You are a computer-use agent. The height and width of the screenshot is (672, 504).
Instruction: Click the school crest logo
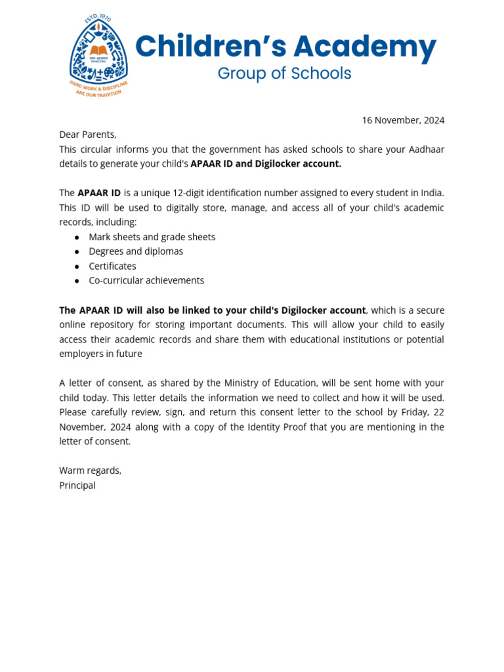pos(98,57)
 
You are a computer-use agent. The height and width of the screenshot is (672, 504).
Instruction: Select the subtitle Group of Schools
pos(284,73)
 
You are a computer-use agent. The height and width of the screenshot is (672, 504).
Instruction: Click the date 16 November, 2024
pos(403,120)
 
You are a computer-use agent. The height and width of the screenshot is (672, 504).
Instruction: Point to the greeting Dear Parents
pos(87,135)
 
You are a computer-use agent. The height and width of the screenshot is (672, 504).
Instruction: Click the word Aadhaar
pos(423,150)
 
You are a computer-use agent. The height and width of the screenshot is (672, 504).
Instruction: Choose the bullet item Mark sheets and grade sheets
pos(152,237)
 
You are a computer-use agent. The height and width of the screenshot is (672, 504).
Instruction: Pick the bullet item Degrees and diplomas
pos(136,251)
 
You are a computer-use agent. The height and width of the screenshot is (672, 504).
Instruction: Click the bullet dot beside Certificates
pos(77,266)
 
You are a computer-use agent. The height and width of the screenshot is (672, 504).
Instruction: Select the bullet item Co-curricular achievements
pos(146,281)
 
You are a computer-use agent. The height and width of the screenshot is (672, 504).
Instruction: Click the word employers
pos(82,354)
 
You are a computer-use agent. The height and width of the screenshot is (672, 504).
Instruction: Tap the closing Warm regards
pos(90,471)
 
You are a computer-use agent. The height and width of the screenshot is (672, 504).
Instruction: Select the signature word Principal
pos(77,486)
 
